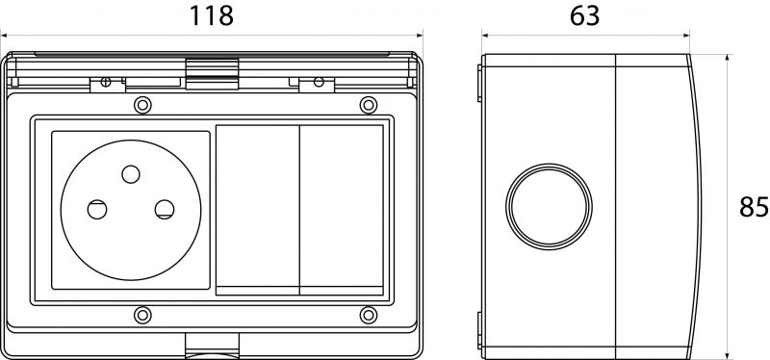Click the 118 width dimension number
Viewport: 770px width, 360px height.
point(211,15)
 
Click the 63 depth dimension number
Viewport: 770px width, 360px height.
point(584,15)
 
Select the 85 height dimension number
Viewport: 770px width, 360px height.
point(754,207)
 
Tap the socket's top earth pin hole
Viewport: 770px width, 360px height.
point(131,174)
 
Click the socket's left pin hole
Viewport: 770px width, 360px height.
point(97,210)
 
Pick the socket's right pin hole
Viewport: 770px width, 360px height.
point(165,210)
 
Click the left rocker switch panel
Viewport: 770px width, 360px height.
point(257,210)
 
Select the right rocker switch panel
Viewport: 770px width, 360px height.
point(342,210)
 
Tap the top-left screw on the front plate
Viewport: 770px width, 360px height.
point(142,105)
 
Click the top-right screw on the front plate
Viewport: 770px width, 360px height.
point(369,105)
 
